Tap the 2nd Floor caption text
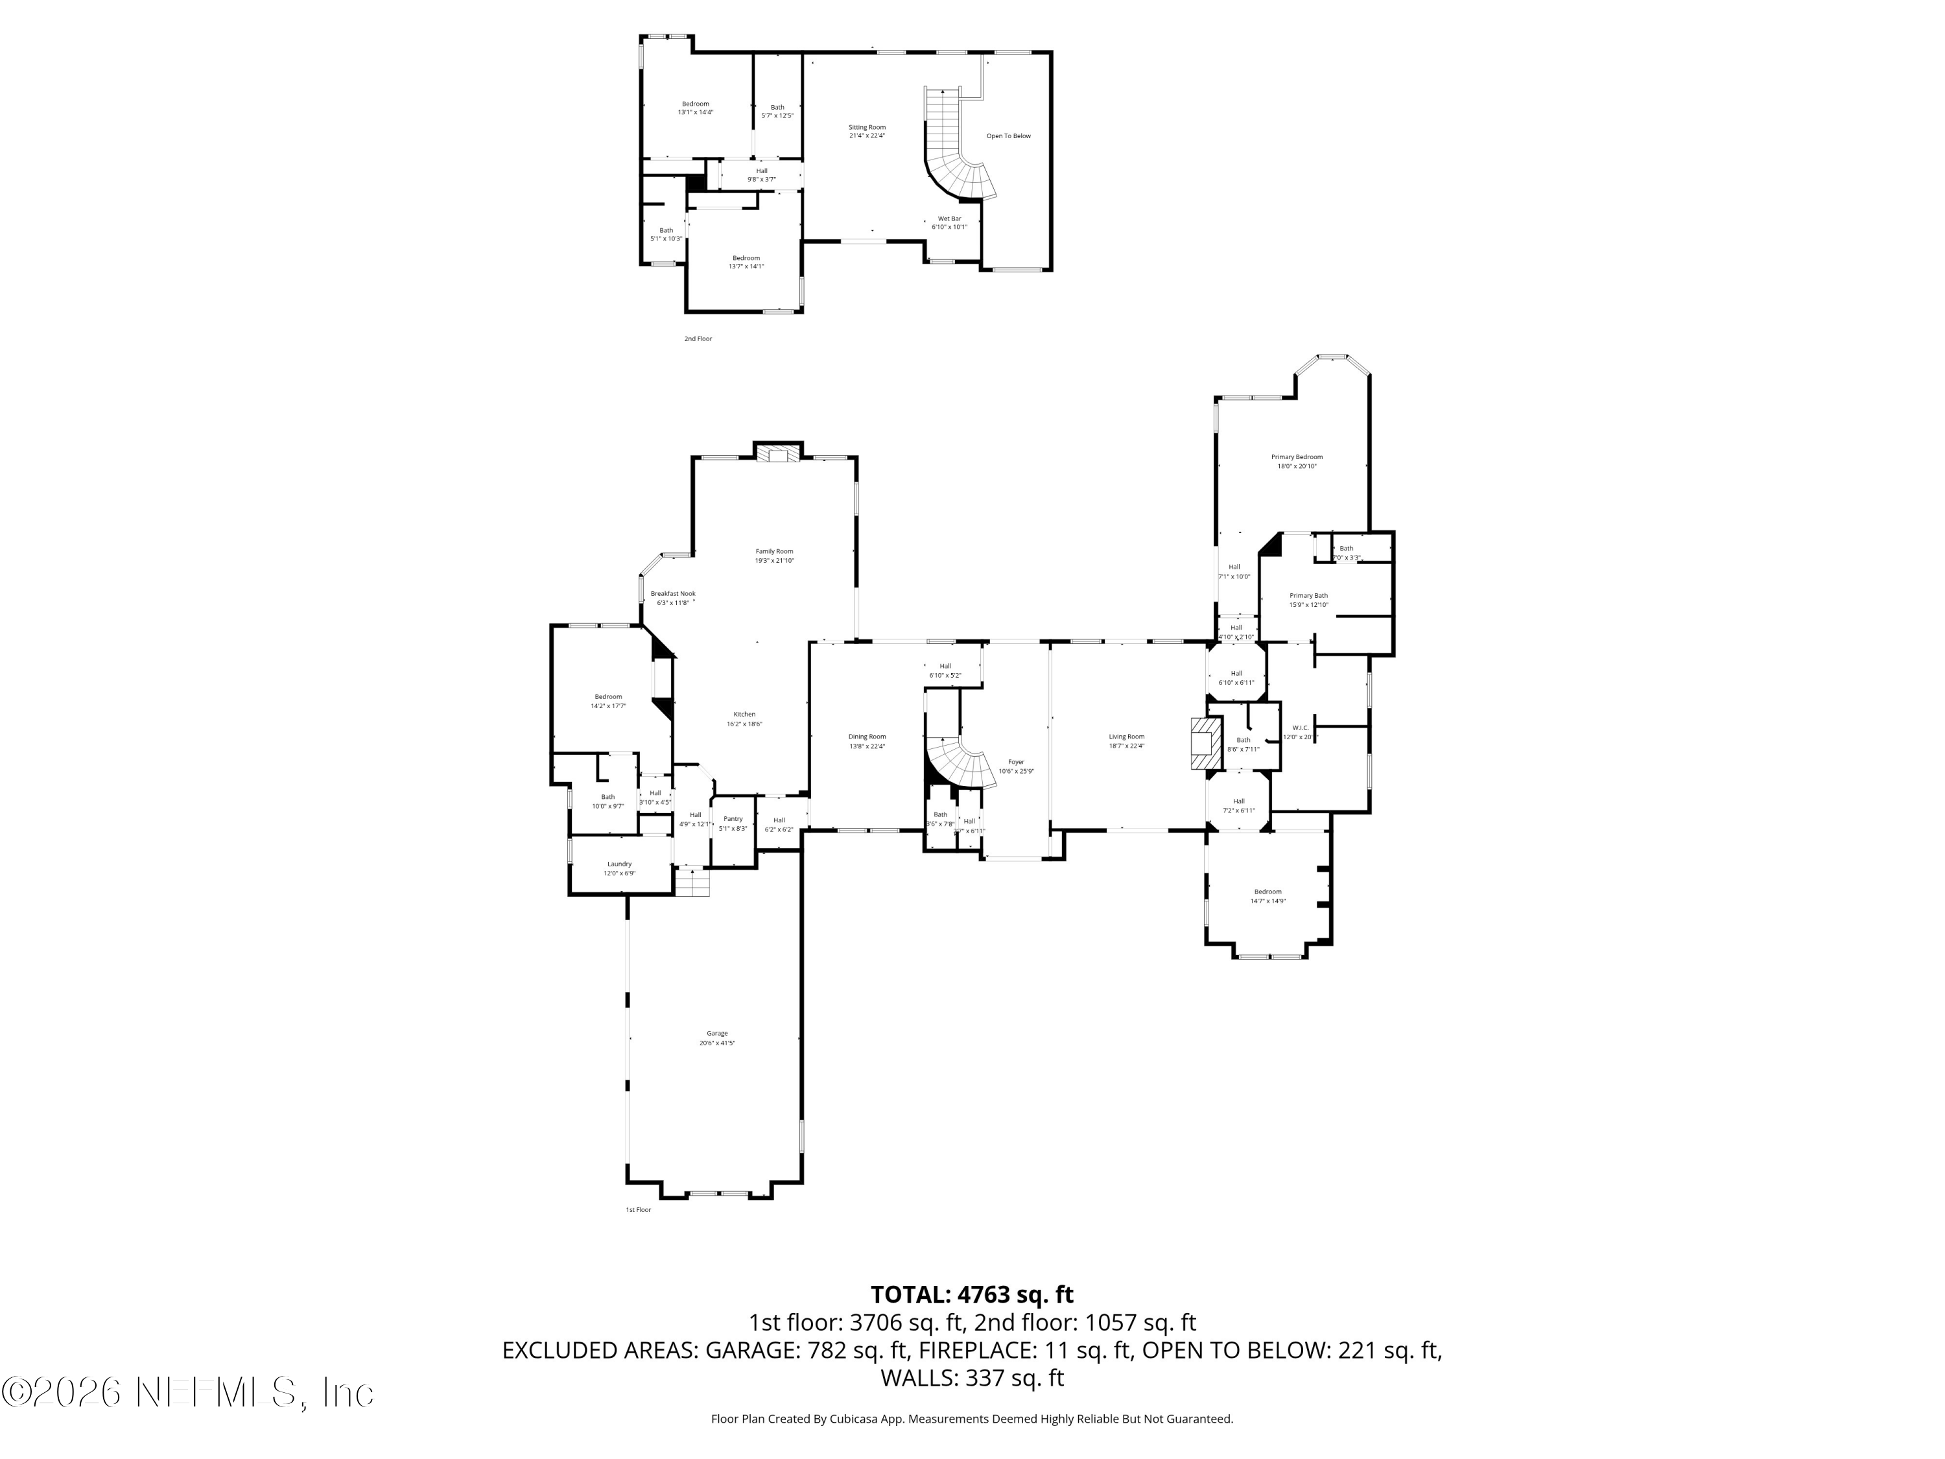pos(698,338)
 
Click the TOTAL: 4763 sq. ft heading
pos(972,1294)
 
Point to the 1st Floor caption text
pos(639,1210)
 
